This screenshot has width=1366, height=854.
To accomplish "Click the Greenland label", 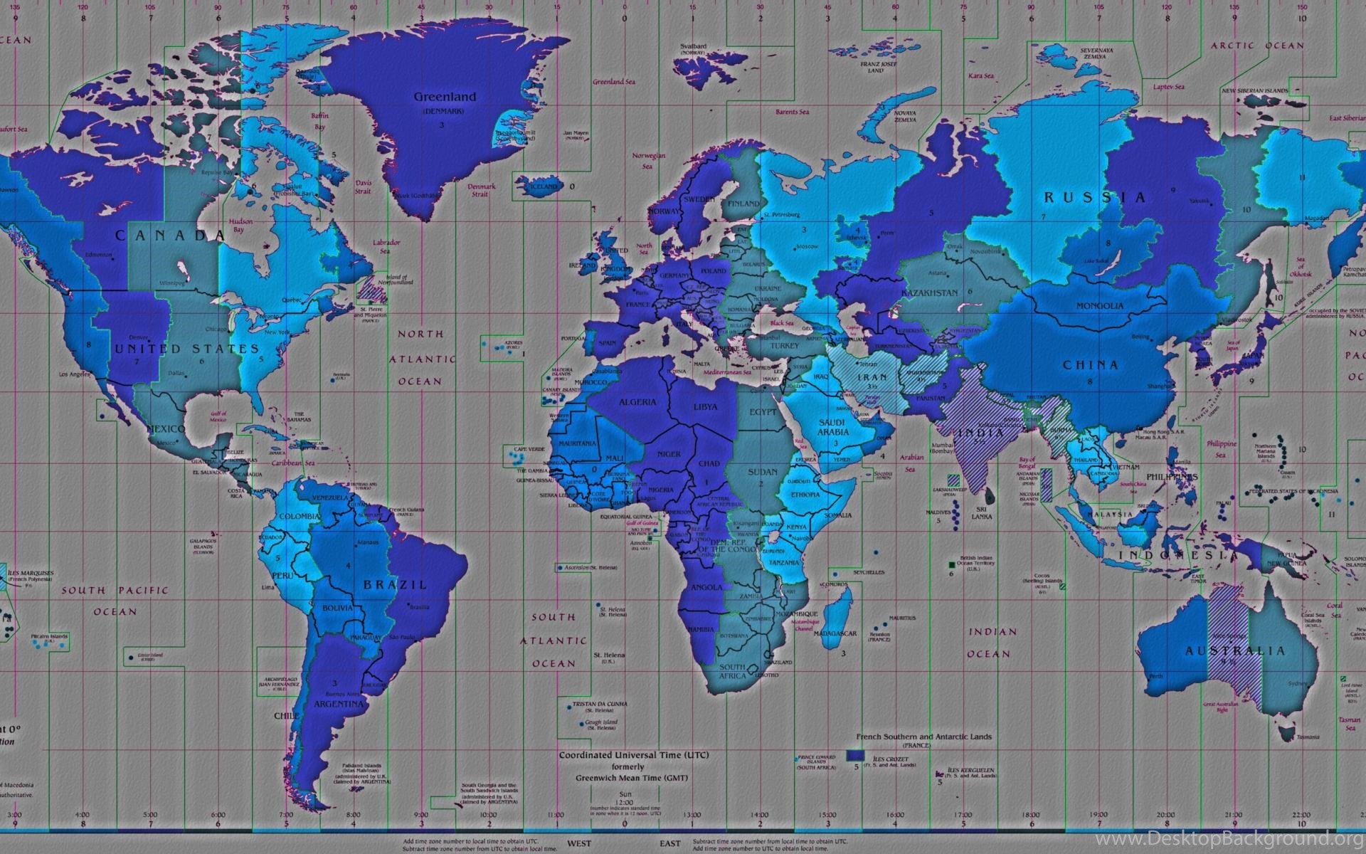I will (x=445, y=97).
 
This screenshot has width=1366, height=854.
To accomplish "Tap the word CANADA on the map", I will (x=171, y=236).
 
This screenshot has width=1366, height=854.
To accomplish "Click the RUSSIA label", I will (x=1095, y=197).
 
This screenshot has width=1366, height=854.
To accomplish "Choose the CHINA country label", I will (x=1091, y=365).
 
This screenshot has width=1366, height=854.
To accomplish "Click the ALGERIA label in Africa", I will (x=637, y=402).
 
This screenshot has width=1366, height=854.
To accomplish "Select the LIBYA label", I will (x=705, y=407).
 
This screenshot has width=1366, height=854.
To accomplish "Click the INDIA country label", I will (x=980, y=432).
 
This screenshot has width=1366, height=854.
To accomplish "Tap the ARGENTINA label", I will (x=338, y=705).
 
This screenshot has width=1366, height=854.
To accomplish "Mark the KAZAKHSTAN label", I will (x=929, y=293).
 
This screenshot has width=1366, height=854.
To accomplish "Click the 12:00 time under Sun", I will (x=625, y=801).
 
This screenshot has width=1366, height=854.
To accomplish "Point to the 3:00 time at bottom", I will (x=14, y=815).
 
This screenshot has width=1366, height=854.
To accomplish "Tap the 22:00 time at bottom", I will (x=1301, y=815).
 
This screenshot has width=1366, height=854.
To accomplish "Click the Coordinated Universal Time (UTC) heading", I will (x=633, y=755).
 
